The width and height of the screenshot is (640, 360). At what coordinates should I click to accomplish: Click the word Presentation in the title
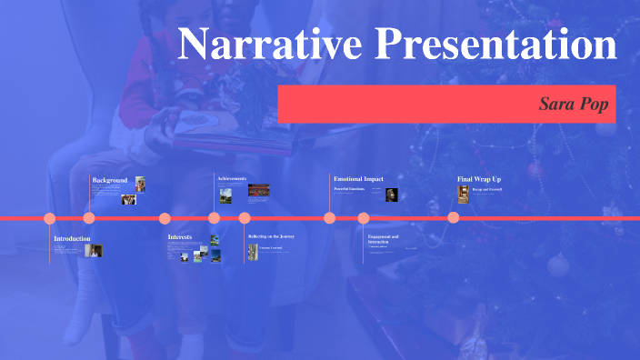[492, 44]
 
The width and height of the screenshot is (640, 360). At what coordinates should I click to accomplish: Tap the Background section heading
[110, 180]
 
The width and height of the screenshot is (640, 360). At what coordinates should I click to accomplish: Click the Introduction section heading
[72, 238]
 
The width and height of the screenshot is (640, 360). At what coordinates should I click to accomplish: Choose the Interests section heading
[180, 237]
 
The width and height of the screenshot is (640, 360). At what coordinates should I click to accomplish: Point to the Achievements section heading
[232, 178]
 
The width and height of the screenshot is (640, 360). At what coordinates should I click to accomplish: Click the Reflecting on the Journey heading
[271, 236]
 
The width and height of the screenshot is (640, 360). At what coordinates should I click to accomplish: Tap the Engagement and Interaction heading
[384, 239]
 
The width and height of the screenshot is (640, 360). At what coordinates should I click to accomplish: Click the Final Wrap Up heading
[478, 179]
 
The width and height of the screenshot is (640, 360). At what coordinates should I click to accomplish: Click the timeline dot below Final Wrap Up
[454, 217]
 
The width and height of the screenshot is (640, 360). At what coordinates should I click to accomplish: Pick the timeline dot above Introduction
[50, 218]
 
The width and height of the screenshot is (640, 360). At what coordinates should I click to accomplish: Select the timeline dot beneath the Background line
[89, 217]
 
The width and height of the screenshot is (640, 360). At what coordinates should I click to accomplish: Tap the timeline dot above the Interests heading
[165, 218]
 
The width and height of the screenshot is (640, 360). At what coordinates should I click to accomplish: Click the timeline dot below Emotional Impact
[330, 217]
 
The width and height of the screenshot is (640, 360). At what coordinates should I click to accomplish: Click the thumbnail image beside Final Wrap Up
[464, 194]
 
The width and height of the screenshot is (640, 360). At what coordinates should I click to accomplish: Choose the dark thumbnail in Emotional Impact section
[391, 195]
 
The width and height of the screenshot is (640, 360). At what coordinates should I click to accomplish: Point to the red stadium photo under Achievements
[259, 191]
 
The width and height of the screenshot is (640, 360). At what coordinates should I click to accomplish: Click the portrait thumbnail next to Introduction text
[94, 250]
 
